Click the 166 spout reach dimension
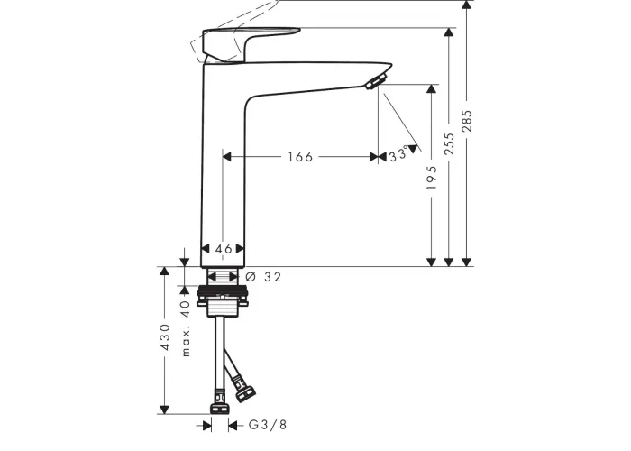tap(300, 157)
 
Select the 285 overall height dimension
tap(467, 121)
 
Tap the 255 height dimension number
tap(449, 143)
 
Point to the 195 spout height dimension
tap(432, 178)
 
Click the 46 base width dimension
tap(224, 249)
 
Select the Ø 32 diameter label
tap(263, 277)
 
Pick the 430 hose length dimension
tap(165, 336)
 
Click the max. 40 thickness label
tap(185, 328)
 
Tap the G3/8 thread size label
tap(268, 425)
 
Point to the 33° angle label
tap(398, 154)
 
